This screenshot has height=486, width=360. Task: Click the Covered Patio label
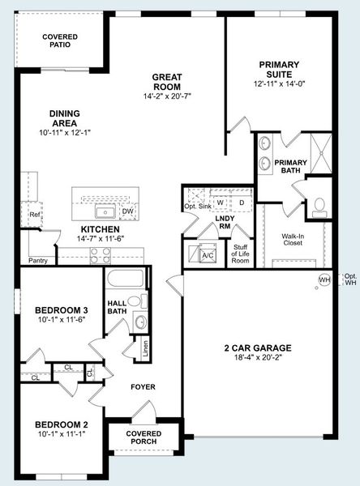point(60,40)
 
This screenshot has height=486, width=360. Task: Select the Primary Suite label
point(279,70)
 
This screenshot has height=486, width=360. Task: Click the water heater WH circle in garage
point(324,280)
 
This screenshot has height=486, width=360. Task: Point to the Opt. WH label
point(350,279)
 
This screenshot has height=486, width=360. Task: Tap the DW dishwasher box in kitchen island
point(127,212)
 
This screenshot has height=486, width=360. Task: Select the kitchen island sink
point(105,212)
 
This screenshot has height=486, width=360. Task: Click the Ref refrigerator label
point(35,215)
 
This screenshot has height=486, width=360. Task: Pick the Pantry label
point(37,261)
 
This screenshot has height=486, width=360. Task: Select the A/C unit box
point(206,254)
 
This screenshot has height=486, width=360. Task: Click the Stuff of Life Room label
point(240,254)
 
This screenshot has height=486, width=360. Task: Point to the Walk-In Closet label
point(293,241)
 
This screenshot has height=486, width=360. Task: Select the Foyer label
point(143,386)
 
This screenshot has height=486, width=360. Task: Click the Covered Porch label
point(144,438)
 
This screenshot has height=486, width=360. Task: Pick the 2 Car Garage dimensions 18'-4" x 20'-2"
point(257,361)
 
